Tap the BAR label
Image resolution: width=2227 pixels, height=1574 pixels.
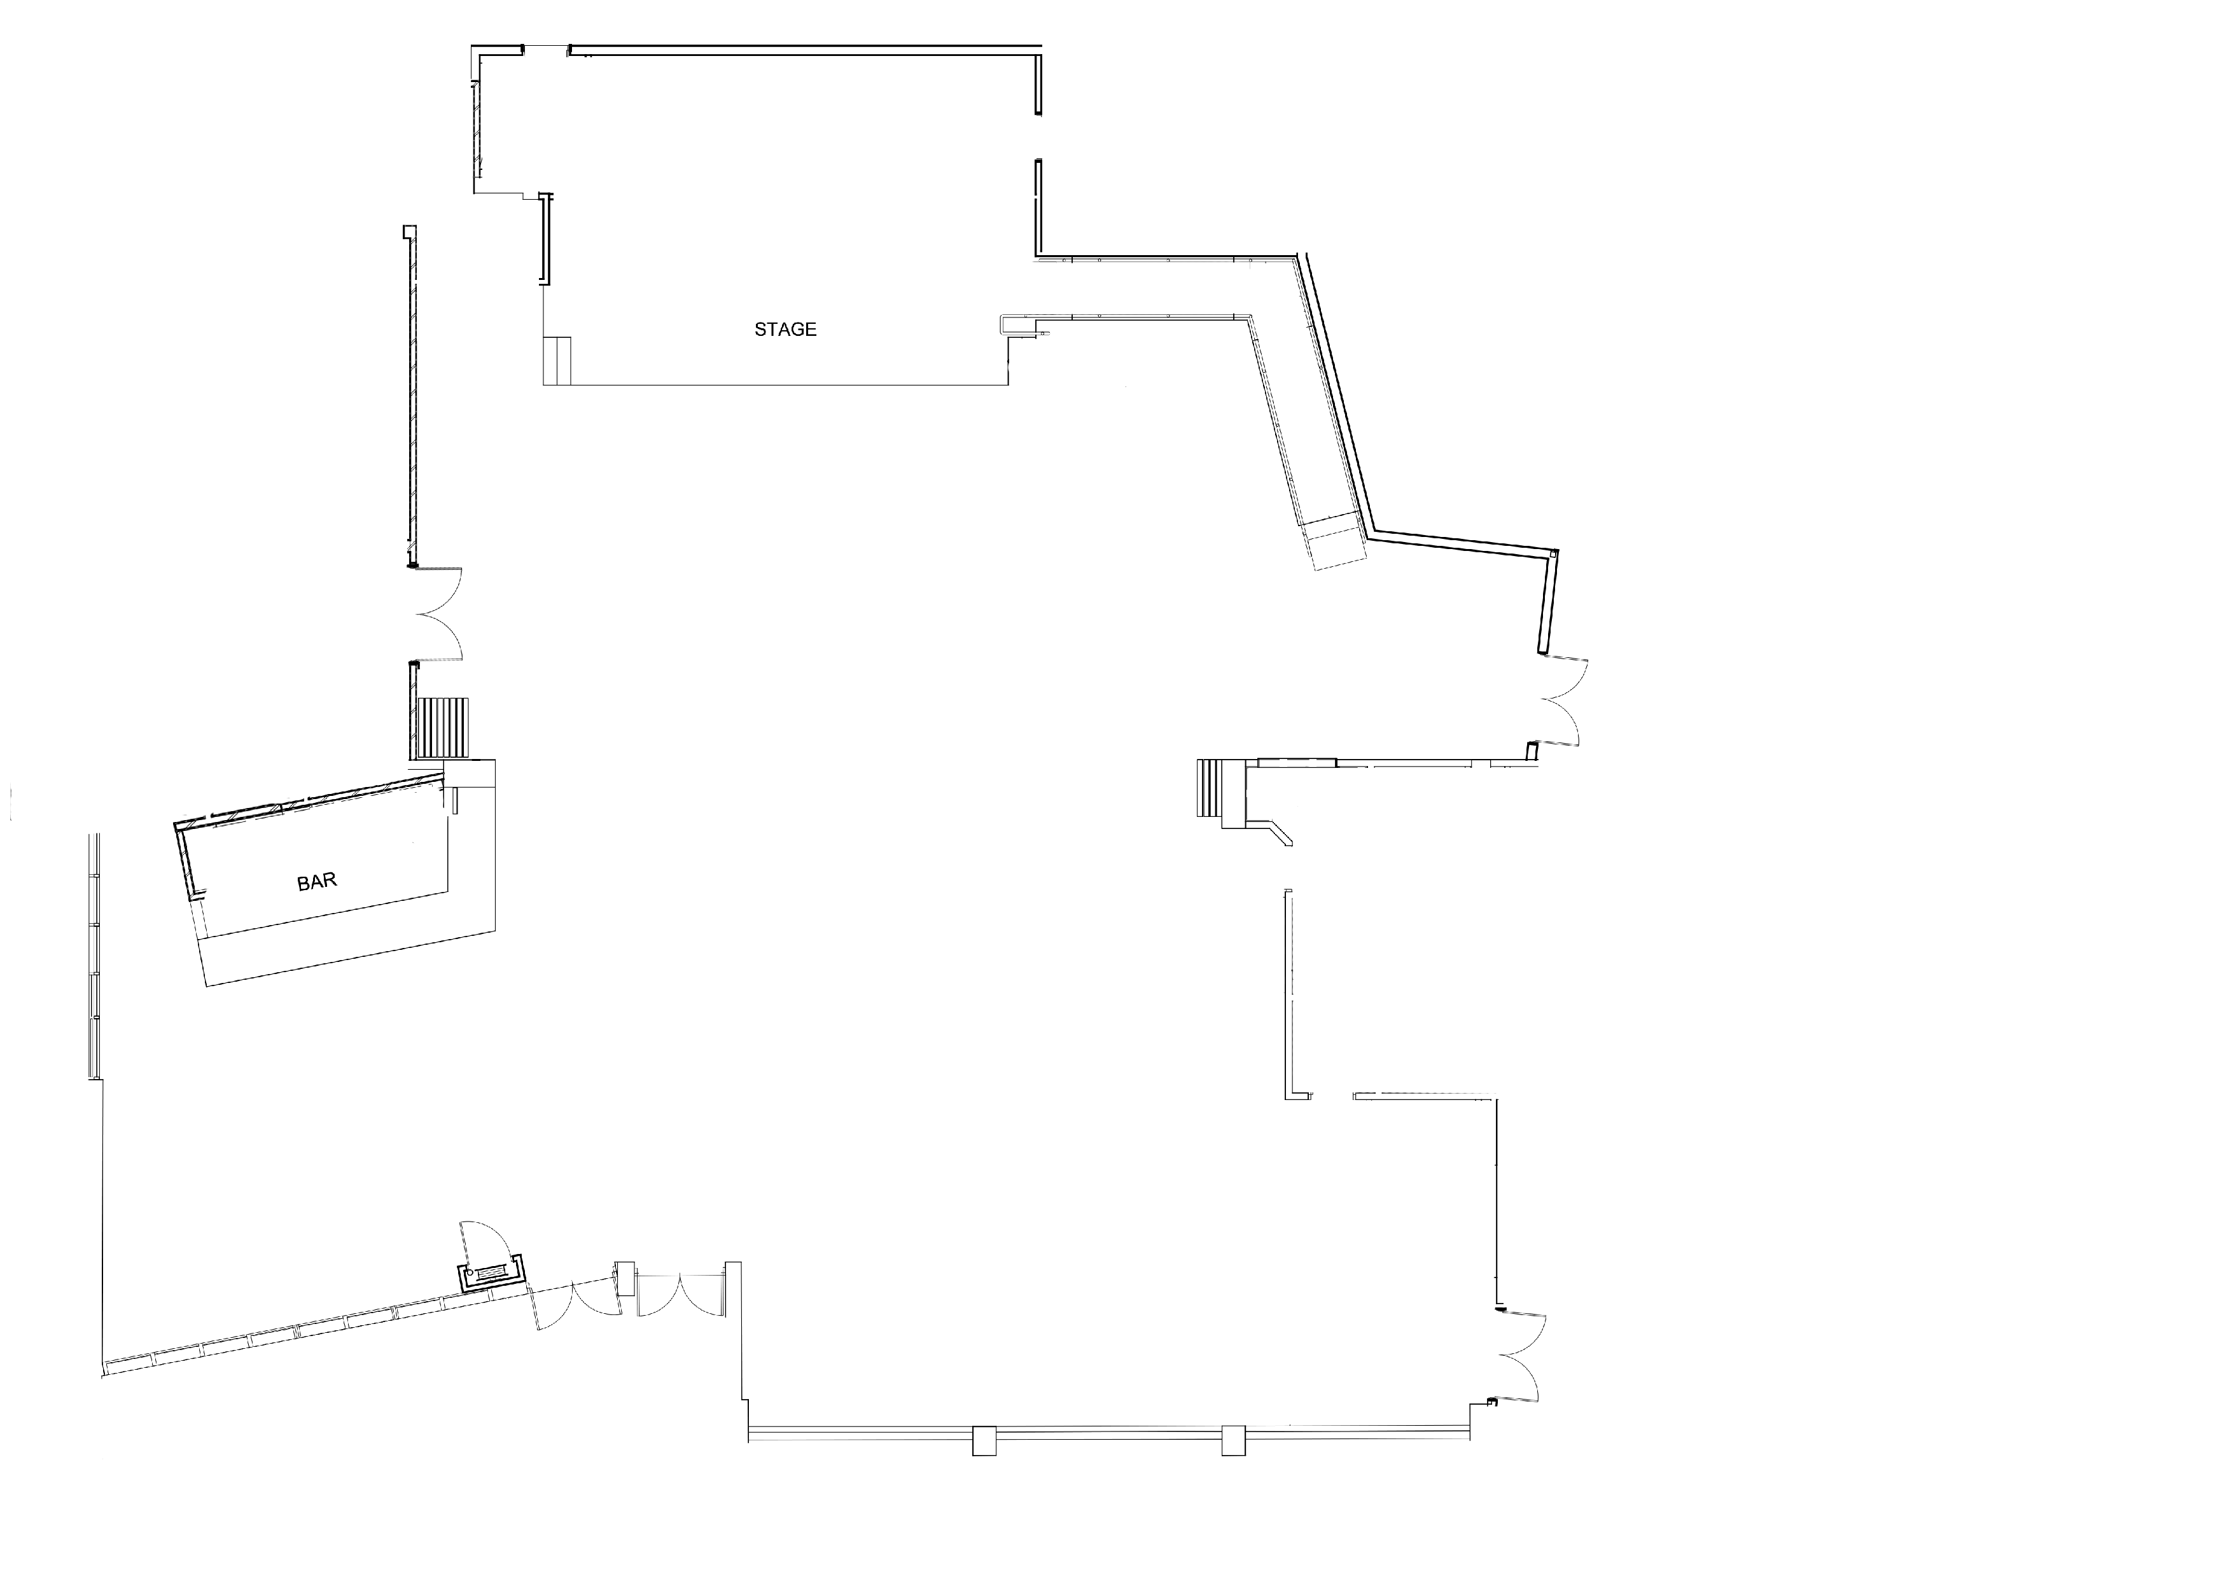pyautogui.click(x=316, y=882)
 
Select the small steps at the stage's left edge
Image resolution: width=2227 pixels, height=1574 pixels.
pyautogui.click(x=558, y=361)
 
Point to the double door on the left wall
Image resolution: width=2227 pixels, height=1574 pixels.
pyautogui.click(x=438, y=614)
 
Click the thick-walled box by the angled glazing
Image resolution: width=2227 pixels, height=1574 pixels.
pyautogui.click(x=492, y=1273)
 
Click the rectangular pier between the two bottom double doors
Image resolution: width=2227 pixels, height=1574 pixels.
pyautogui.click(x=625, y=1278)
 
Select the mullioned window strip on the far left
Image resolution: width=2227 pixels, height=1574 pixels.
pyautogui.click(x=95, y=955)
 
